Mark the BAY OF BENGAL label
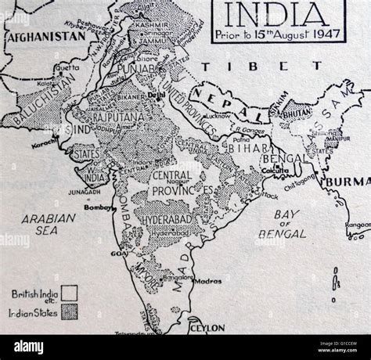[291, 223]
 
